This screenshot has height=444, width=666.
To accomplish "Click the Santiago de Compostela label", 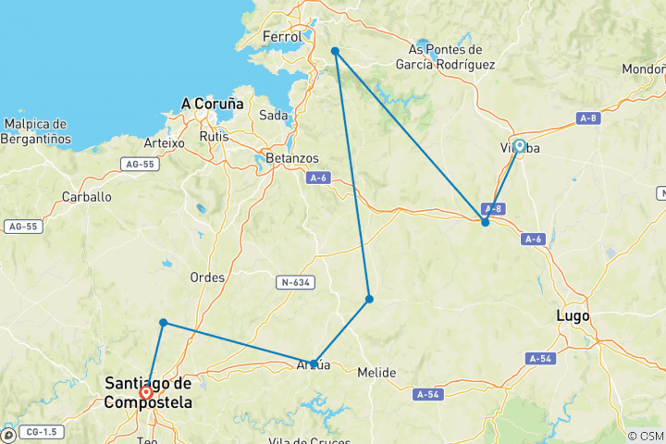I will click(x=148, y=392).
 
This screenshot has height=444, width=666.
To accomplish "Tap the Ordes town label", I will click(x=207, y=277).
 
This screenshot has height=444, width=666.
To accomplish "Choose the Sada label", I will click(x=273, y=115).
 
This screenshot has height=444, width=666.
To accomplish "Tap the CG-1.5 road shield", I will click(x=41, y=432).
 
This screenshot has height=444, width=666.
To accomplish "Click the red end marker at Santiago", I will click(x=146, y=393).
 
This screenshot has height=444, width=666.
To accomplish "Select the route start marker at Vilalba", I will click(x=520, y=146).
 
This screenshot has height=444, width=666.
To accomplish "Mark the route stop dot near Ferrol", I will click(x=335, y=51).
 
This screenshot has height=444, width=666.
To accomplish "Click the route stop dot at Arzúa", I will click(x=314, y=364).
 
